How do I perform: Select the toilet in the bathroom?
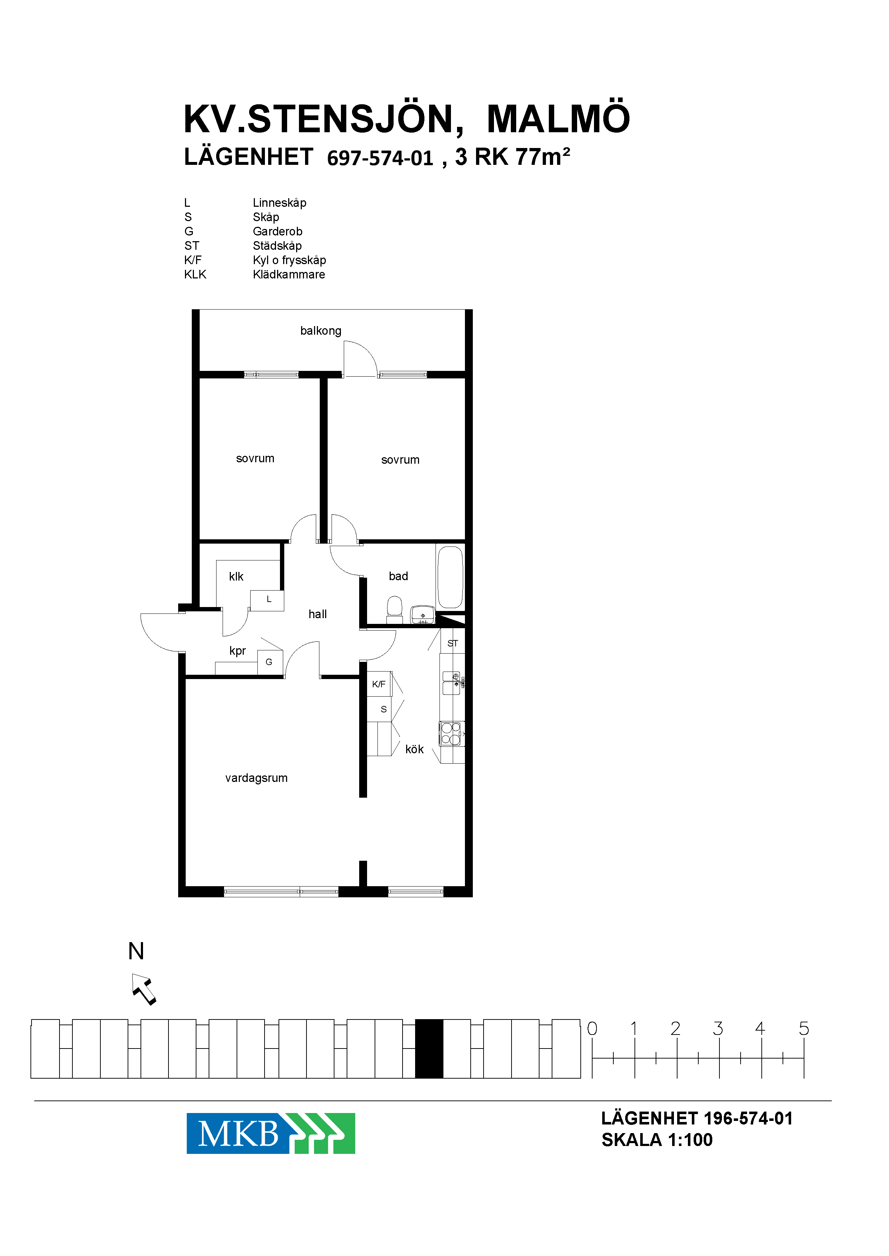pos(395,610)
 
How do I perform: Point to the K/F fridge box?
pos(379,684)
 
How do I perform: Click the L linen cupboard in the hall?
pos(267,600)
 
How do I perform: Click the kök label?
pos(414,749)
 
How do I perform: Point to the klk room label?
pos(236,576)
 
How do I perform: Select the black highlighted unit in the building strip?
pos(429,1049)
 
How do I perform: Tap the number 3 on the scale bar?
pos(718,1029)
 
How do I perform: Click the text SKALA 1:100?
pos(657,1140)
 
